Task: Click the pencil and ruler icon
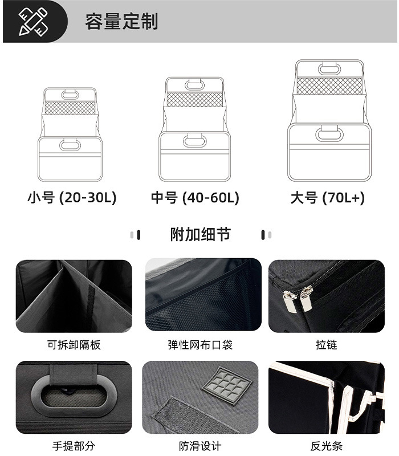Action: coord(34,22)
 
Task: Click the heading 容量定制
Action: coord(121,22)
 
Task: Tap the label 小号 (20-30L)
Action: coord(72,198)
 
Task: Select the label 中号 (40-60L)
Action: coord(195,198)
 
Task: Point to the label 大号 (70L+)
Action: coord(327,198)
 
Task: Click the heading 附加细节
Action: coord(200,234)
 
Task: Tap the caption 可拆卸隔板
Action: coord(74,345)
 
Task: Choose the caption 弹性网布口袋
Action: coord(200,345)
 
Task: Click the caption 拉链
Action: coord(327,345)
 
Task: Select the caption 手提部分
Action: coord(74,446)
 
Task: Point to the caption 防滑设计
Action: coord(200,446)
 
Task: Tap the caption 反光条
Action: coord(327,446)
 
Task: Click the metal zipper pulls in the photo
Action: coord(299,298)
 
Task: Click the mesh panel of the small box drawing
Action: coord(70,107)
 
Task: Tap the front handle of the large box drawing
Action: coord(329,135)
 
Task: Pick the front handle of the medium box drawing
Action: coord(194,140)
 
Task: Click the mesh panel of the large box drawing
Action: coord(330,86)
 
